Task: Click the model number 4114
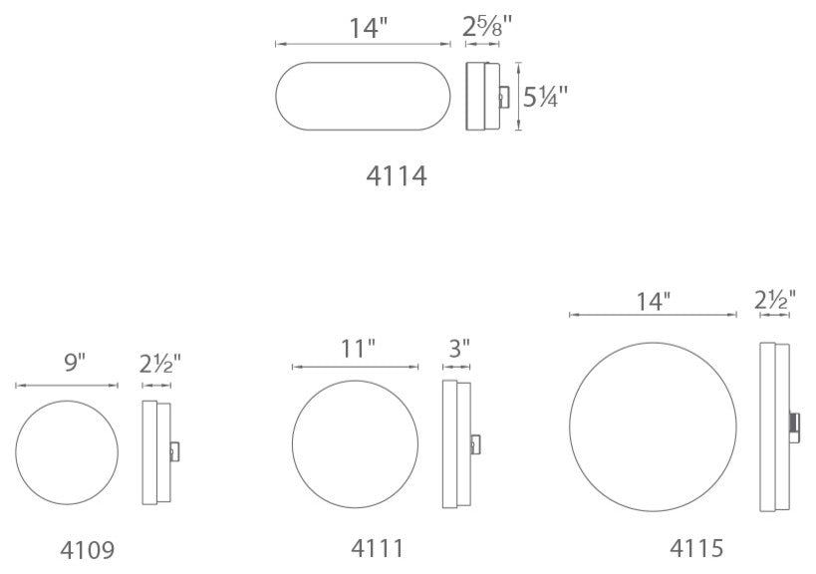point(398,176)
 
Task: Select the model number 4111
point(379,547)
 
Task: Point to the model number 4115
point(695,547)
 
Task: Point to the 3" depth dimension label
point(459,348)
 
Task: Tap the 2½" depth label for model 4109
point(159,365)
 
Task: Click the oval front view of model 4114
point(364,97)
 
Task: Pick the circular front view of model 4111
point(356,442)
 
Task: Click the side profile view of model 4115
point(774,427)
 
